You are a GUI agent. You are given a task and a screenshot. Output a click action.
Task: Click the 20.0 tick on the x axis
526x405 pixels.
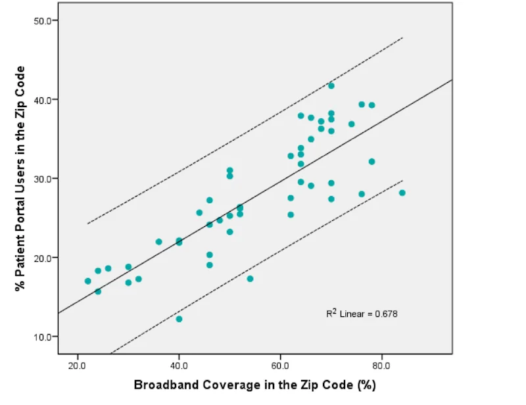click(x=78, y=364)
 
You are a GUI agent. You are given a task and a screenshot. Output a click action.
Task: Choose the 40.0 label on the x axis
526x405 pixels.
click(x=179, y=364)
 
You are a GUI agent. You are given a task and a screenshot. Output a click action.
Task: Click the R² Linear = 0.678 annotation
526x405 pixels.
click(x=362, y=314)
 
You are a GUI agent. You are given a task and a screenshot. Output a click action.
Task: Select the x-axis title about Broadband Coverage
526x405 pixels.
click(x=254, y=385)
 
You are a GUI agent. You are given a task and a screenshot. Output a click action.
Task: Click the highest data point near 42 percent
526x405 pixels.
click(x=331, y=86)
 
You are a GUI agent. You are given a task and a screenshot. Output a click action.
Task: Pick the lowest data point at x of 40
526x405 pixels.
click(x=179, y=319)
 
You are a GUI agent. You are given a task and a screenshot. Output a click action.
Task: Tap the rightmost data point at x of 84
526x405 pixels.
click(x=402, y=193)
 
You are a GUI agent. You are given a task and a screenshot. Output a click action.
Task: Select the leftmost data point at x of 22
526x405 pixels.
click(x=87, y=281)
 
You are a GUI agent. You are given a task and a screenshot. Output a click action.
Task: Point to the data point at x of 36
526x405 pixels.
click(x=158, y=242)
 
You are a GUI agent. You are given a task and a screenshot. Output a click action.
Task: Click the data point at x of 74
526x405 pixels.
click(x=352, y=124)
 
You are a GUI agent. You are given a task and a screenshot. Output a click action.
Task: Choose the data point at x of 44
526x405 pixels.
click(x=199, y=212)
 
